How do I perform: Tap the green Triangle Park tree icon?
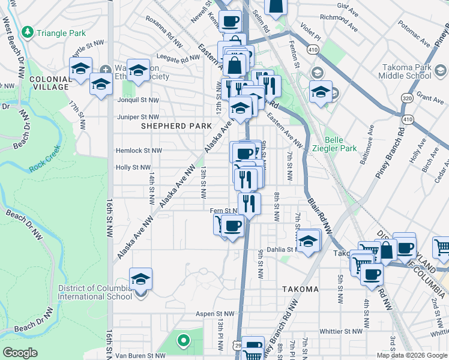click(x=26, y=32)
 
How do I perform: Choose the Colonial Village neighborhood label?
click(x=49, y=83)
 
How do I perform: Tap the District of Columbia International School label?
click(x=95, y=292)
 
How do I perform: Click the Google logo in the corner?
click(x=20, y=353)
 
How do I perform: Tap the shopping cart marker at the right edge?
click(x=441, y=248)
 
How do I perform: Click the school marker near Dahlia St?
click(x=309, y=241)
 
